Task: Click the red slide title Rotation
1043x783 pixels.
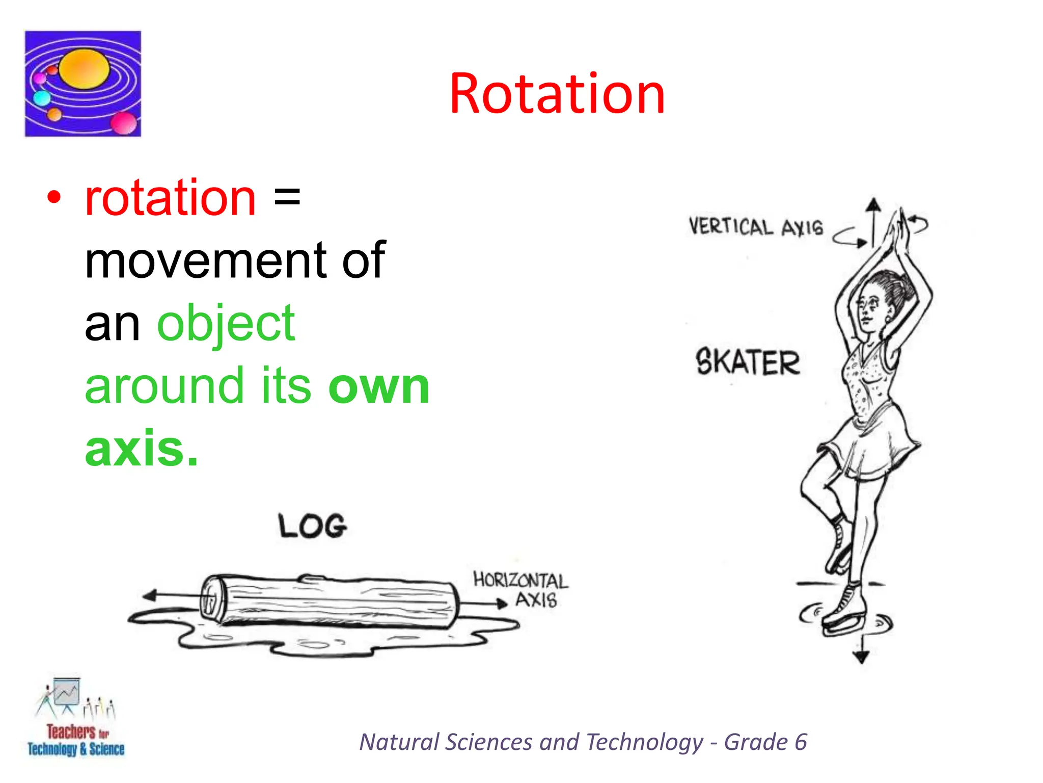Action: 557,94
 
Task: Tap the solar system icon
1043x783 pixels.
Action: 83,84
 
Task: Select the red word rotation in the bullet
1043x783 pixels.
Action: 170,198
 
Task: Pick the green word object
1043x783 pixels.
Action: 226,323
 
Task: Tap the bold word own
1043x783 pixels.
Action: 379,386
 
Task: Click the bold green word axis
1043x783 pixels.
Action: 141,449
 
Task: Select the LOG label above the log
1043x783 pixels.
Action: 313,526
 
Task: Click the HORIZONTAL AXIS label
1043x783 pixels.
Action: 520,589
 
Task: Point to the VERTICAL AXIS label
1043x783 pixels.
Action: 756,227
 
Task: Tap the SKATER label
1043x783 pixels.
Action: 748,362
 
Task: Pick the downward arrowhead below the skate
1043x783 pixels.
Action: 861,658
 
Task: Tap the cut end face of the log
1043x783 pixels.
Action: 210,599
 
